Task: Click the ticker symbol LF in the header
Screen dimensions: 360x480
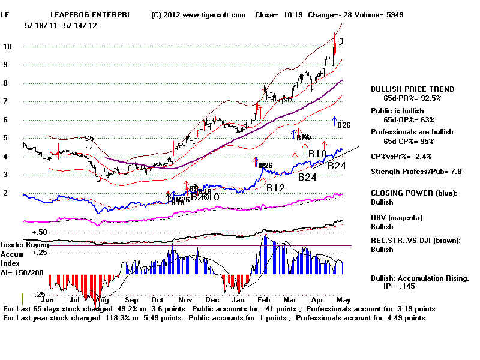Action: (x=5, y=14)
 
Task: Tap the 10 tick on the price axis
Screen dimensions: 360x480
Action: (x=7, y=47)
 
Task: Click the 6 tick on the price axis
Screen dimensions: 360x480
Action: (x=5, y=120)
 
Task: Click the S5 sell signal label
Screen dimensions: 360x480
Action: (x=89, y=139)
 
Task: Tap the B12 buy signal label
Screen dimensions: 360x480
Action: (x=275, y=188)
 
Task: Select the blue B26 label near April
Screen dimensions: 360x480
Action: (x=344, y=125)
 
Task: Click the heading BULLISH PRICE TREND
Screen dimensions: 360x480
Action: (x=413, y=89)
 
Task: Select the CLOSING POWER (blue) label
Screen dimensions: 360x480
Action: (x=413, y=193)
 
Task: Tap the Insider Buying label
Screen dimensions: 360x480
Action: (x=23, y=245)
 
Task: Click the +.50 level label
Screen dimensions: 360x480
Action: (x=40, y=232)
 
